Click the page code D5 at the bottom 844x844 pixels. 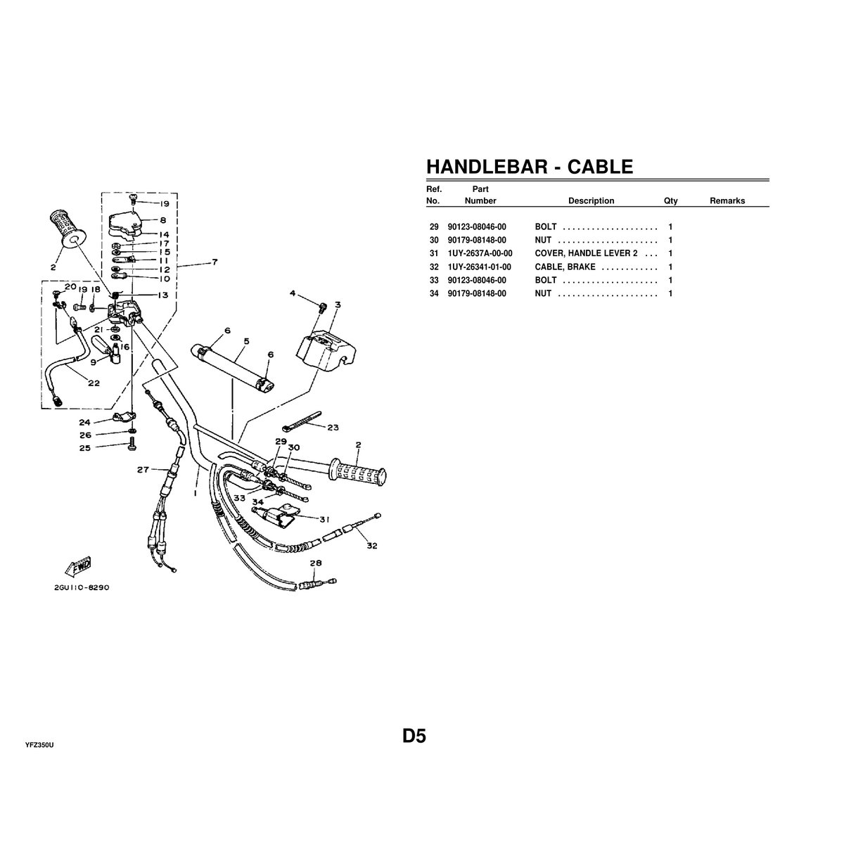click(x=414, y=736)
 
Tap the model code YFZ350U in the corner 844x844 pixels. click(x=39, y=744)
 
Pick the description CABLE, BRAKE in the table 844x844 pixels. click(x=565, y=267)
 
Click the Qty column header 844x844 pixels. click(x=670, y=200)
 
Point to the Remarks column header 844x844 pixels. click(x=727, y=200)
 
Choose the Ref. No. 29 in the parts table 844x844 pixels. click(x=433, y=227)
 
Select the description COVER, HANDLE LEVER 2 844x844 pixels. click(x=586, y=253)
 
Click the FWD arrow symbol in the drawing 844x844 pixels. click(x=79, y=564)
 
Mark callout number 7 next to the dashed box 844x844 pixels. click(x=214, y=263)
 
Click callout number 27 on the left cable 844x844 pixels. click(x=143, y=469)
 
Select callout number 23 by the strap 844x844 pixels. click(x=333, y=427)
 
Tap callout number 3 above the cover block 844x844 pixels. click(x=338, y=305)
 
